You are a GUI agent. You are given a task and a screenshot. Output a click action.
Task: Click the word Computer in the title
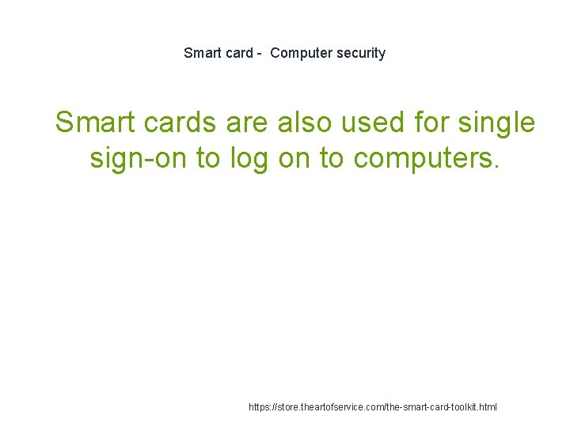click(301, 54)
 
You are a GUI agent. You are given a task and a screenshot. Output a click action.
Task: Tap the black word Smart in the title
click(202, 54)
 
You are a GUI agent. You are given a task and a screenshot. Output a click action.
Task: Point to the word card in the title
click(238, 54)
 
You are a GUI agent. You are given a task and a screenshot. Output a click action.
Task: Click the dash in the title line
click(259, 54)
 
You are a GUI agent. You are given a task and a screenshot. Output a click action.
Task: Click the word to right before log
click(209, 159)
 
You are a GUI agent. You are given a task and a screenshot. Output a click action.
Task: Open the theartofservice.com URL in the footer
click(373, 407)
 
